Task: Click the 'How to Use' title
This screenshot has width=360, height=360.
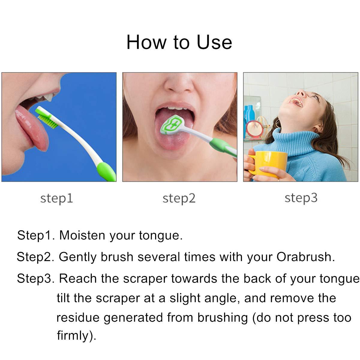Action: [x=179, y=42]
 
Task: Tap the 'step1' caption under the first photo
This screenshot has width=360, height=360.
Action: [x=56, y=198]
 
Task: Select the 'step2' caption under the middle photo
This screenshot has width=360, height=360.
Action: [x=179, y=198]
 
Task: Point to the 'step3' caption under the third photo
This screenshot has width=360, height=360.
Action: [x=301, y=198]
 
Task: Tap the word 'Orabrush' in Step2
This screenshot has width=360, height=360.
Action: [x=305, y=257]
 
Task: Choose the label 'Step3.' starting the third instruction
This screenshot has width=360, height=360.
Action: [x=35, y=279]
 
